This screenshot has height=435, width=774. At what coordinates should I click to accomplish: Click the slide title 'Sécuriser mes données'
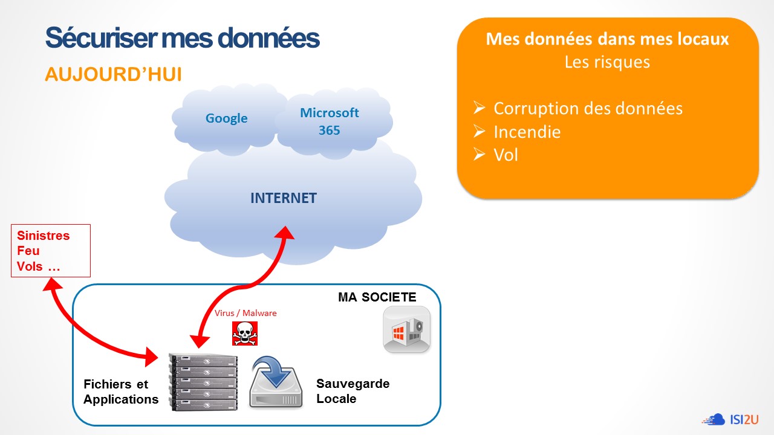coord(182,37)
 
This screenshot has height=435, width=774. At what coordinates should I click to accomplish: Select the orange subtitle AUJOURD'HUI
coord(113,74)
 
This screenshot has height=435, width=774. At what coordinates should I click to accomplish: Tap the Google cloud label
coord(226,118)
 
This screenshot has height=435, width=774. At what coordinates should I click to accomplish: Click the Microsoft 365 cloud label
coord(330,121)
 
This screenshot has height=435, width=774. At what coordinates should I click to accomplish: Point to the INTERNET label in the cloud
coord(284,198)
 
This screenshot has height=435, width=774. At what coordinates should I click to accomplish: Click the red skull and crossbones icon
coord(245,333)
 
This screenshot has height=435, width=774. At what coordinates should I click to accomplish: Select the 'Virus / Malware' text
coord(246,313)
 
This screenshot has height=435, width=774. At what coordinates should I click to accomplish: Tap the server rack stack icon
coord(204,381)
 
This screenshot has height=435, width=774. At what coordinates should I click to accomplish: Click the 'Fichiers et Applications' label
coord(120,391)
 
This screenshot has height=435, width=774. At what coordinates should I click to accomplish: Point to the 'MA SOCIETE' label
coord(377,297)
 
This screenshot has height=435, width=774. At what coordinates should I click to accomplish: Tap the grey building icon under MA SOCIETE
coord(406,329)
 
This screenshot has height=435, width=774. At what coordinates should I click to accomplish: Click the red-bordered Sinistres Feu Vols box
coord(51,251)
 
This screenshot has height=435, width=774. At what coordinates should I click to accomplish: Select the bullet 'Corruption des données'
coord(588,109)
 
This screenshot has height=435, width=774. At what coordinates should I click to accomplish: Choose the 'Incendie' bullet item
coord(527,132)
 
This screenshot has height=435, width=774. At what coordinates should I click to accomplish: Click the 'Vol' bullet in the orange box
coord(506,155)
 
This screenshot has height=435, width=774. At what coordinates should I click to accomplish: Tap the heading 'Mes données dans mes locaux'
coord(607,39)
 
